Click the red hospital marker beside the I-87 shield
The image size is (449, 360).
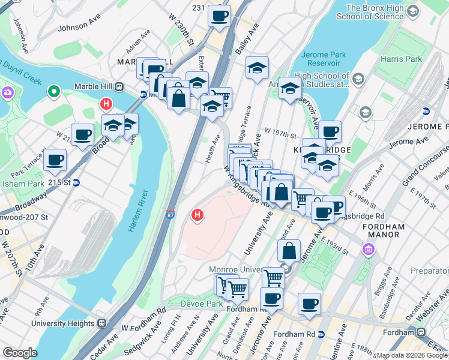196,214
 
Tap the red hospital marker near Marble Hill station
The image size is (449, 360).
106,104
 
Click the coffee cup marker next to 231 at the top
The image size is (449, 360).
219,16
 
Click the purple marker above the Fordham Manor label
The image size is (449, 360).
367,248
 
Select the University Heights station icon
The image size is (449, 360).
102,323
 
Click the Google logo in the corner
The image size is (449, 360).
20,353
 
